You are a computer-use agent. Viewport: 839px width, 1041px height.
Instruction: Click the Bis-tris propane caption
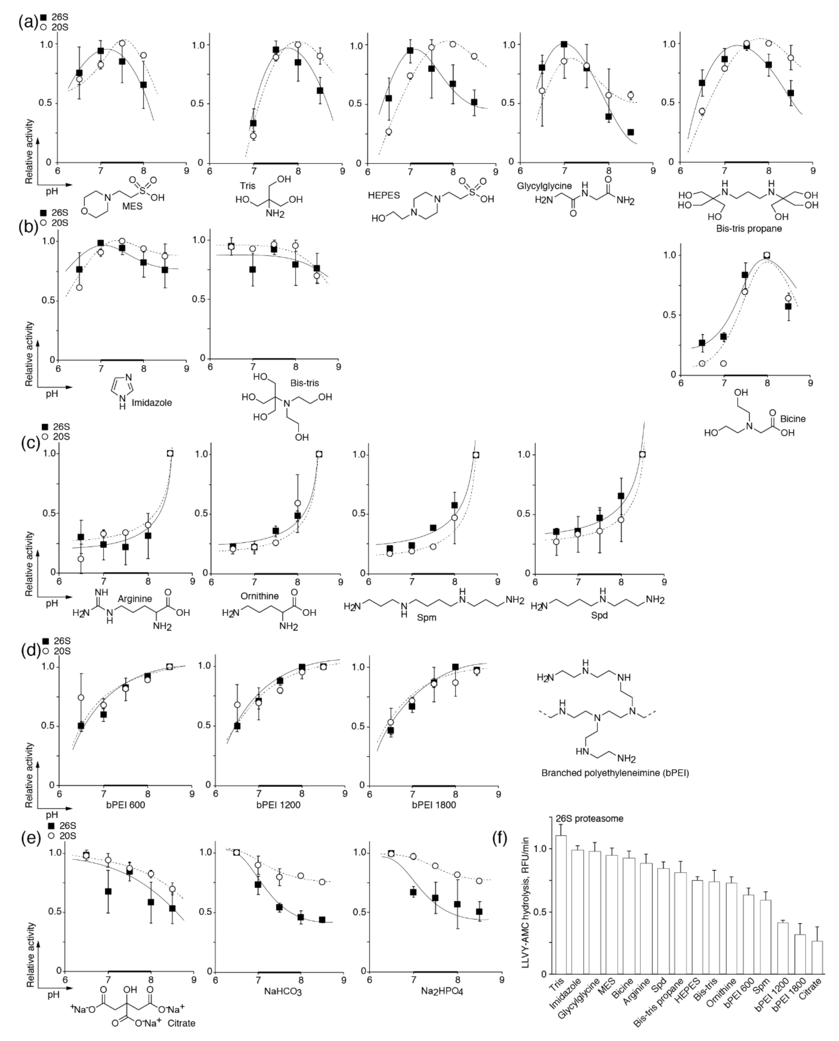coord(749,228)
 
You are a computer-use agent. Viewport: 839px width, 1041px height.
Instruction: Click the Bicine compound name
coord(793,419)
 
